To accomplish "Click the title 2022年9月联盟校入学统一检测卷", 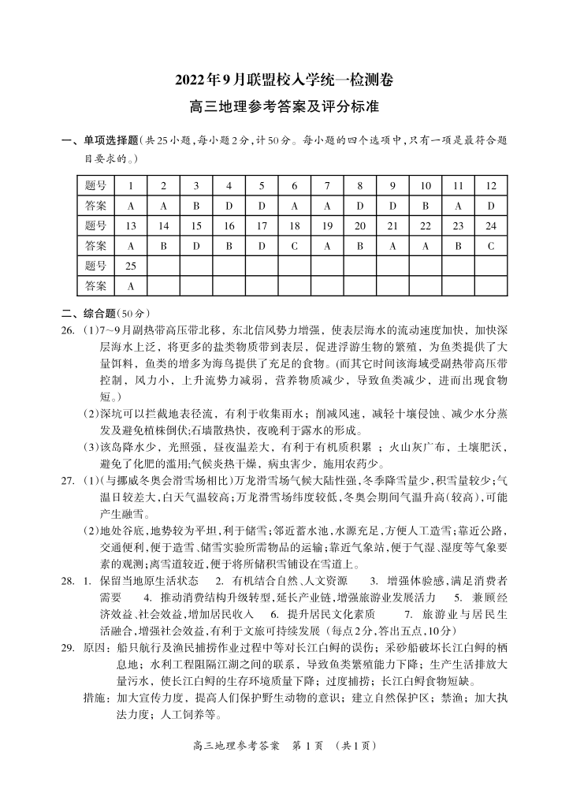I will click(284, 80).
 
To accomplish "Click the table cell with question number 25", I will click(131, 265).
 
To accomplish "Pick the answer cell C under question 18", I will click(294, 245).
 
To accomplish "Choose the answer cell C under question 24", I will click(490, 245).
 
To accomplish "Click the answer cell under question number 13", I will click(131, 245).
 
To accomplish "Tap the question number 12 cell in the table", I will click(490, 186).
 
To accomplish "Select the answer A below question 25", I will click(131, 285).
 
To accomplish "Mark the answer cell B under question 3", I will click(196, 206).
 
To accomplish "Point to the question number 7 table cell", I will click(326, 186).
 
